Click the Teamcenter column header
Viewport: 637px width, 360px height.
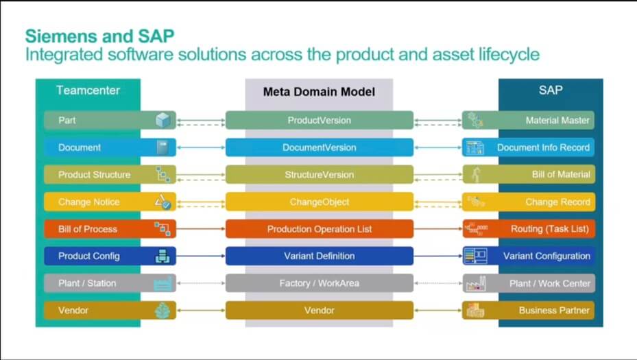[88, 91]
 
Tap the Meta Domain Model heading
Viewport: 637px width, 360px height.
[319, 92]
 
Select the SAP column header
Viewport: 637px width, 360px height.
[551, 91]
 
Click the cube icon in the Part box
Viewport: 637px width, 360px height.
[163, 120]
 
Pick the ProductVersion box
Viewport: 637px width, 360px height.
[320, 120]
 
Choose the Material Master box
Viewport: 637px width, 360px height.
[528, 120]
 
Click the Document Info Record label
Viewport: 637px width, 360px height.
[543, 147]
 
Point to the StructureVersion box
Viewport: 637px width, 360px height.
[320, 175]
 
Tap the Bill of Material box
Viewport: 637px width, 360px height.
[528, 175]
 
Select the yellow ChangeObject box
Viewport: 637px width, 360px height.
[320, 202]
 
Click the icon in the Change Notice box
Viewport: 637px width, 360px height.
[163, 202]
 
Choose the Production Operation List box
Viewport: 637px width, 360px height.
[320, 229]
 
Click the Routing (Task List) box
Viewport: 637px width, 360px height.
[528, 229]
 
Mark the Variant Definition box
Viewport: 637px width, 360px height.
[320, 256]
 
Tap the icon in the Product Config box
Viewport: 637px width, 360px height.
[163, 256]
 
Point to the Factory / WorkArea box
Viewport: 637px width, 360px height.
[320, 283]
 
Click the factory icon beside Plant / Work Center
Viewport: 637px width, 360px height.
[476, 284]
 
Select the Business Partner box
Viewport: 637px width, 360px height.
[528, 311]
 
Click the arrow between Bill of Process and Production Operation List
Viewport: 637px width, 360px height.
[201, 229]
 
